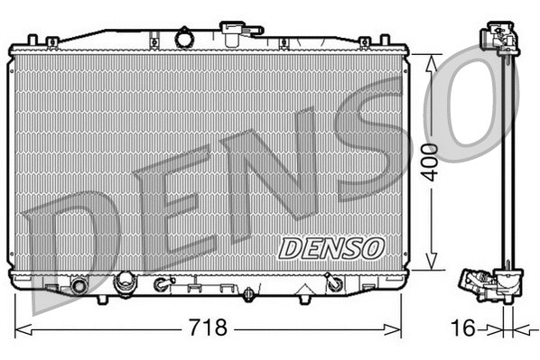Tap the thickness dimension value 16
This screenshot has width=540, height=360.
[463, 328]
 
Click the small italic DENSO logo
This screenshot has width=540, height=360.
[331, 246]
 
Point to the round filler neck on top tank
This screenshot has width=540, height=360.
[185, 39]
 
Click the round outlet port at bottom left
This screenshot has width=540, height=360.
[79, 286]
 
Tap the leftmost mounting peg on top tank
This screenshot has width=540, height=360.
[33, 41]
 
